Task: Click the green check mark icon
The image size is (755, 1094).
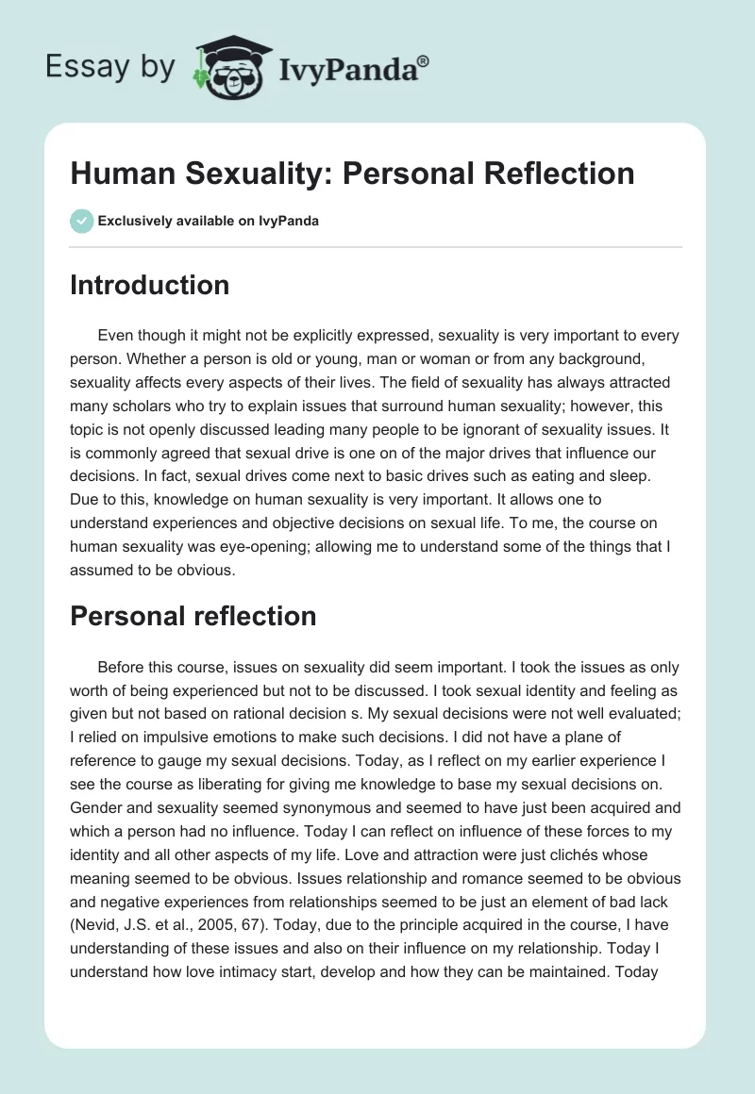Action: pos(81,221)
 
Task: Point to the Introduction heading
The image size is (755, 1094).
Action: pos(149,285)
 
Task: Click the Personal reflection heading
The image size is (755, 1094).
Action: pos(193,616)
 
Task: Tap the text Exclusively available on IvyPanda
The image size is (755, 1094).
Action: pos(208,221)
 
